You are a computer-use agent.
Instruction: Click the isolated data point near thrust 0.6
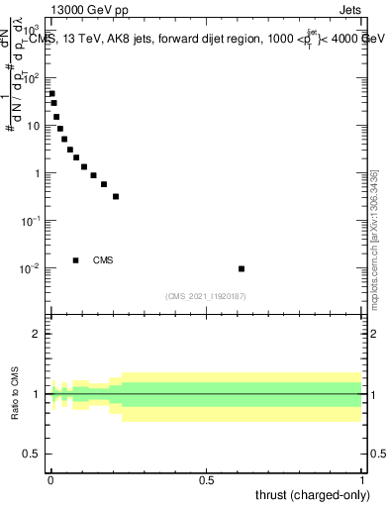tap(242, 268)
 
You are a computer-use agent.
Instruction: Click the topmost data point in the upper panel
tap(51, 94)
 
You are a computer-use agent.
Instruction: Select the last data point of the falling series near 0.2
tap(116, 196)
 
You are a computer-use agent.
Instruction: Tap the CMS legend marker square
tap(76, 260)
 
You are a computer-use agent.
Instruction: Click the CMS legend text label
tap(103, 260)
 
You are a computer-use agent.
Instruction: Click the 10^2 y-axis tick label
tap(32, 77)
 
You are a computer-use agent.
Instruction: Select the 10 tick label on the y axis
tap(34, 126)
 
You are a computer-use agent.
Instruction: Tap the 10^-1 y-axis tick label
tap(31, 221)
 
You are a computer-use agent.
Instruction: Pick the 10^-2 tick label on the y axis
tap(31, 268)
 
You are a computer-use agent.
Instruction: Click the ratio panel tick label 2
tap(37, 334)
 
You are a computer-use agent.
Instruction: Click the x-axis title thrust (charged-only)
tap(315, 495)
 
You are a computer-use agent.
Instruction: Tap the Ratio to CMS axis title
tap(14, 393)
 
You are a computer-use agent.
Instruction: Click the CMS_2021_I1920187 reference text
tap(206, 295)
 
